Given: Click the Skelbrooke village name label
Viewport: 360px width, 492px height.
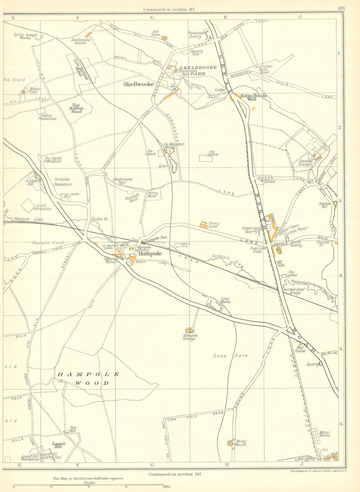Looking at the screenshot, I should [x=139, y=84].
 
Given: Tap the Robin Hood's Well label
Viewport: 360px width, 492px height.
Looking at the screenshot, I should [x=254, y=97].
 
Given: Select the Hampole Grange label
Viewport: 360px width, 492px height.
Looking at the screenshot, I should [x=189, y=337].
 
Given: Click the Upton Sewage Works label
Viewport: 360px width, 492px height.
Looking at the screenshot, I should [x=26, y=36].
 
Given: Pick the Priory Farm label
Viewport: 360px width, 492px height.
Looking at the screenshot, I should [x=213, y=225].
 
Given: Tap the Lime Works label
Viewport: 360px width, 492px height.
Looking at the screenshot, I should [x=225, y=300].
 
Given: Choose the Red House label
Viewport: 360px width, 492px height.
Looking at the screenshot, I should [x=300, y=349].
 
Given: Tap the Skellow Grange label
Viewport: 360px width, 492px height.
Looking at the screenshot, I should [x=305, y=163].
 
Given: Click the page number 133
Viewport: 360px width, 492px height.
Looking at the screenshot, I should [x=341, y=8].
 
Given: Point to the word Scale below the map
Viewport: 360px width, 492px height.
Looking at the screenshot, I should [x=89, y=483].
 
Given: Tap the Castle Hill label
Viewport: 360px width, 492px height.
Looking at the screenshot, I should [x=185, y=245].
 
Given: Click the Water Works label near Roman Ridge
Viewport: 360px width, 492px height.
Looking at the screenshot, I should [x=324, y=434].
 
